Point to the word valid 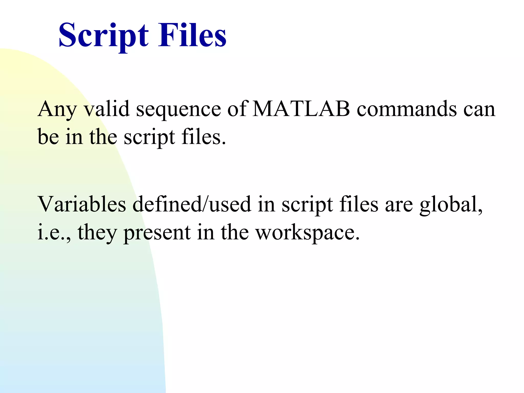click(x=107, y=109)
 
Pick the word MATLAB click(x=301, y=109)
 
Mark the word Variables click(x=82, y=204)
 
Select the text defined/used click(x=192, y=204)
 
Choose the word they click(x=97, y=232)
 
